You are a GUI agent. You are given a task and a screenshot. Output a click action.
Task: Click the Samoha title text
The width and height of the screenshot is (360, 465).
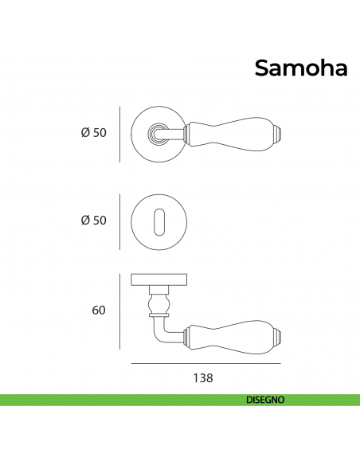pyautogui.click(x=301, y=68)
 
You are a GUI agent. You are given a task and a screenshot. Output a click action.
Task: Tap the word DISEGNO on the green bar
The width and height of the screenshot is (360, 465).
pyautogui.click(x=265, y=400)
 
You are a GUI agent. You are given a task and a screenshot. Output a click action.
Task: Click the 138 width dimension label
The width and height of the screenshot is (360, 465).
pyautogui.click(x=203, y=378)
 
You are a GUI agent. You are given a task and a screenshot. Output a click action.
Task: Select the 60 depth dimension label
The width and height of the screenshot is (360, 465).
pyautogui.click(x=99, y=311)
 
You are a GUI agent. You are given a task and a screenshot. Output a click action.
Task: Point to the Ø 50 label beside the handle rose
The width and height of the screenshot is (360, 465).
pyautogui.click(x=94, y=132)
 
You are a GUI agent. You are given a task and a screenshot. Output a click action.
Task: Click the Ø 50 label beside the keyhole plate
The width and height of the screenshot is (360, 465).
pyautogui.click(x=94, y=221)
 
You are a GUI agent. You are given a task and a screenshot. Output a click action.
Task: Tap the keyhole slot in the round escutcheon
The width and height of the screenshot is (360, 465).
pyautogui.click(x=159, y=222)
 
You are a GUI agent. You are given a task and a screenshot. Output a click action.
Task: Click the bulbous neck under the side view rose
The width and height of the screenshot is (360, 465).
pyautogui.click(x=159, y=303)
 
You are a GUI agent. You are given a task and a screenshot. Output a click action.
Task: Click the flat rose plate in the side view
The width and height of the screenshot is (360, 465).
pyautogui.click(x=159, y=279)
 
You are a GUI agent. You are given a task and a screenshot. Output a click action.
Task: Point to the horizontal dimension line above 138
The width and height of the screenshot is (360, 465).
pyautogui.click(x=205, y=363)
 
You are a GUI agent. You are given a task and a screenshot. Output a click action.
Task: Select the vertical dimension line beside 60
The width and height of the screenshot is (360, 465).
pyautogui.click(x=119, y=311)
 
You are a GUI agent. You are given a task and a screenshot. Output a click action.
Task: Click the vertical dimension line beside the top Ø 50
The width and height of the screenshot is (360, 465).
pyautogui.click(x=119, y=135)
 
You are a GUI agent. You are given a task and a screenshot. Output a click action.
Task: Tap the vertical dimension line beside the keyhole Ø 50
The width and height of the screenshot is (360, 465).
pyautogui.click(x=119, y=222)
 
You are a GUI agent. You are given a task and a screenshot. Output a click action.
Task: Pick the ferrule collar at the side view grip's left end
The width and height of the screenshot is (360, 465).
pyautogui.click(x=187, y=337)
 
